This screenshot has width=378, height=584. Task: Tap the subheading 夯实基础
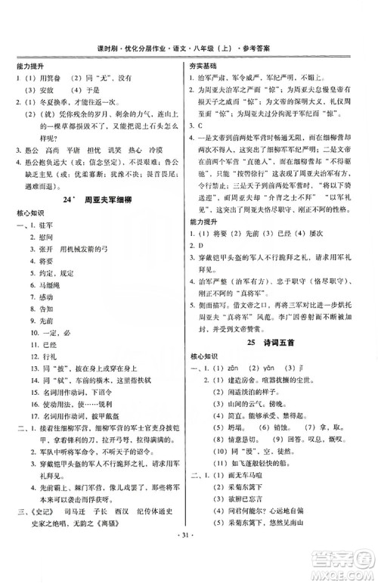click(203, 66)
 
